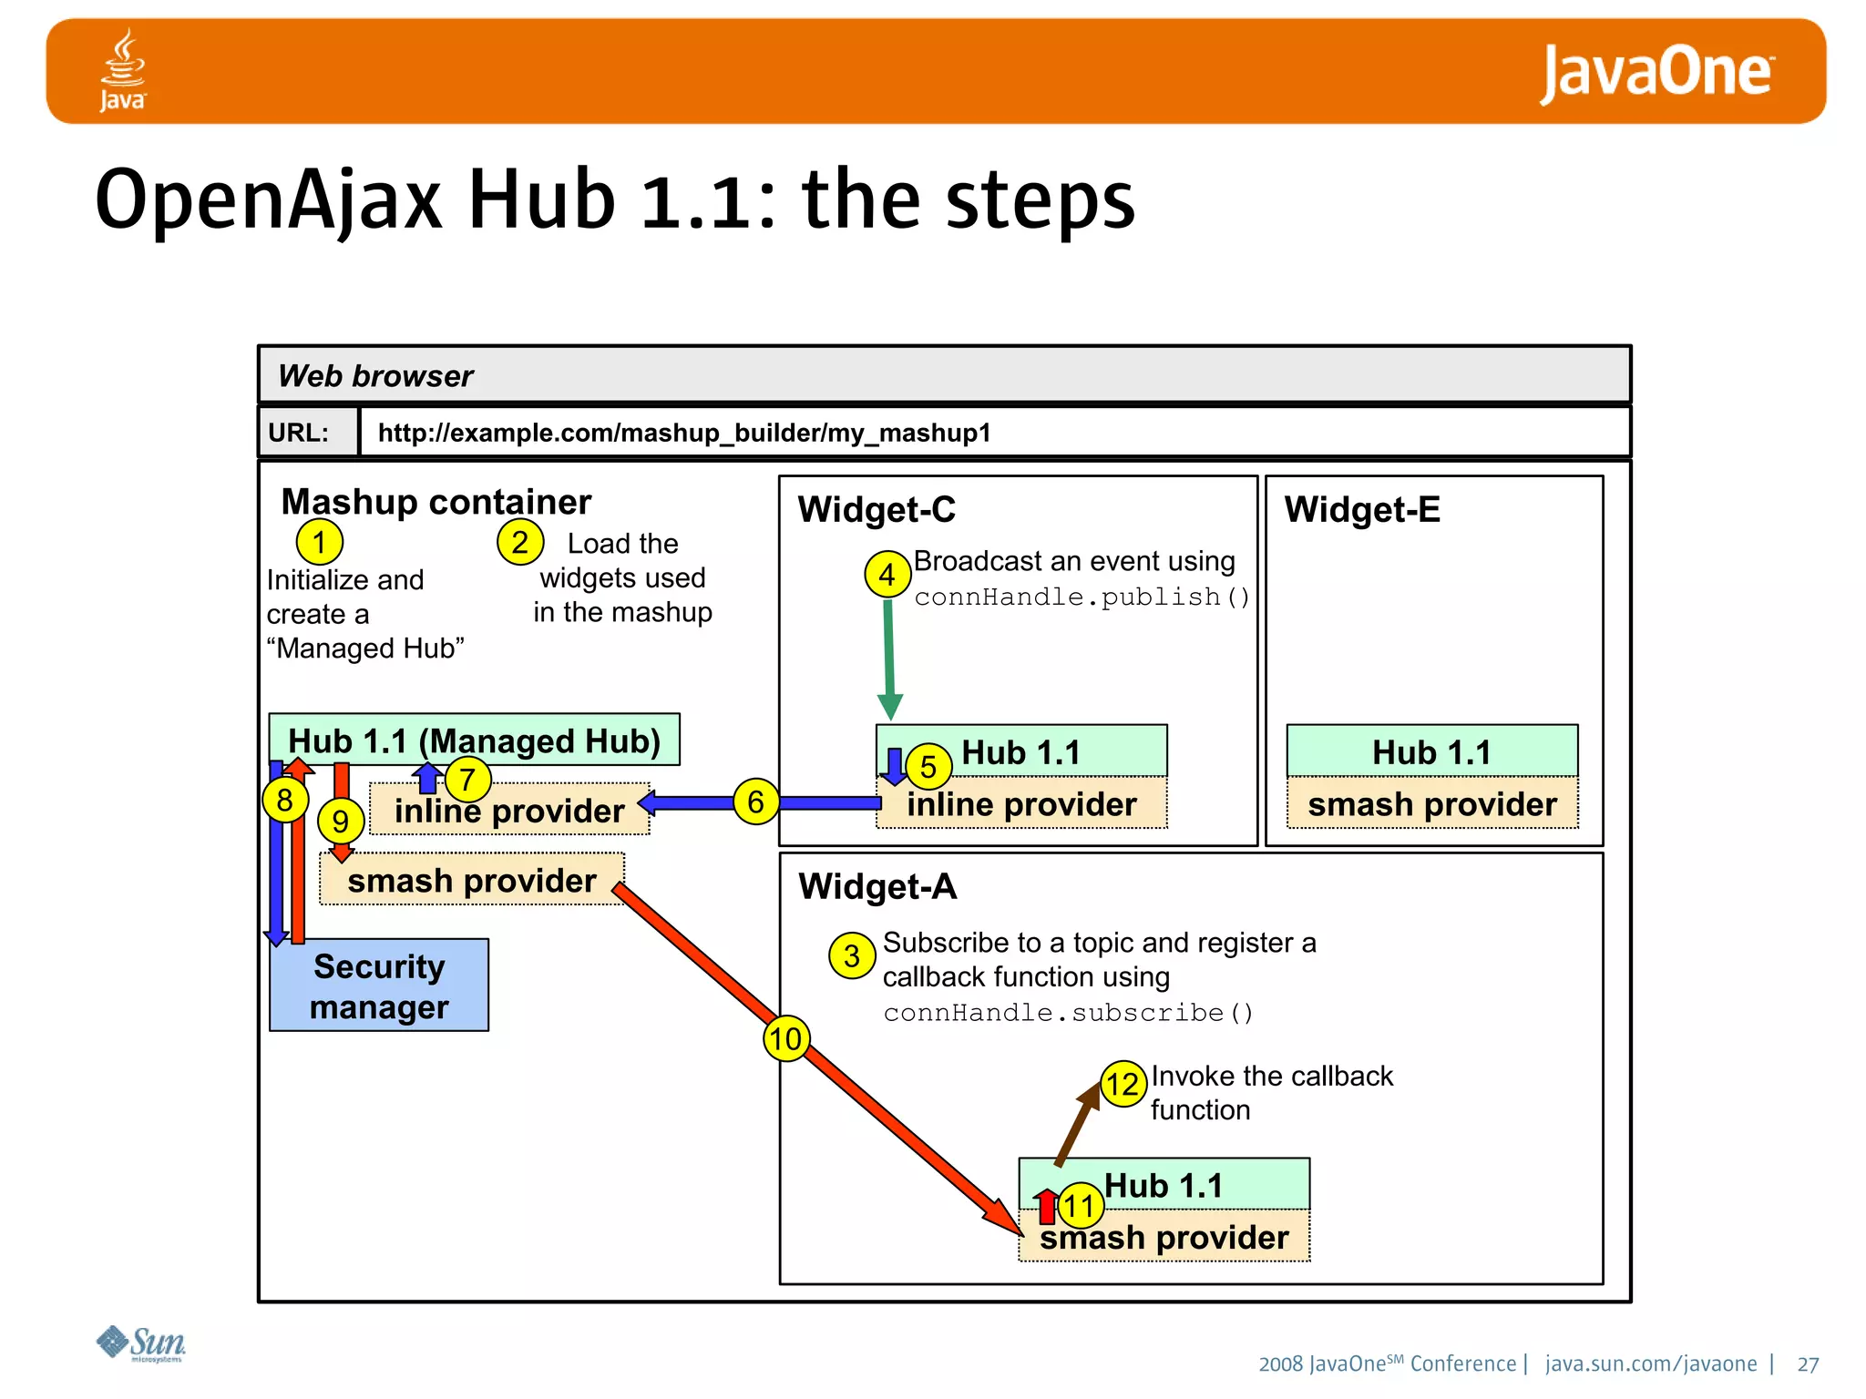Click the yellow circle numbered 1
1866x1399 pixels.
pyautogui.click(x=319, y=542)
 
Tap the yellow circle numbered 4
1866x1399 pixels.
pyautogui.click(x=887, y=574)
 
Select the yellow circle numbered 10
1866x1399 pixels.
pyautogui.click(x=785, y=1038)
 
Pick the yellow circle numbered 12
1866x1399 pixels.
pyautogui.click(x=1123, y=1084)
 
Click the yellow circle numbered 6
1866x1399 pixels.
pyautogui.click(x=755, y=802)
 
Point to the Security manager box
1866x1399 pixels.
pyautogui.click(x=379, y=985)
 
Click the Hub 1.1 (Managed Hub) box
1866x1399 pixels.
pyautogui.click(x=474, y=740)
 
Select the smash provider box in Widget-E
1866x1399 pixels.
pyautogui.click(x=1431, y=803)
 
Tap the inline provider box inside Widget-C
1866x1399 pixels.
pyautogui.click(x=1021, y=803)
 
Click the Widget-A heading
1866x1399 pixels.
pyautogui.click(x=877, y=886)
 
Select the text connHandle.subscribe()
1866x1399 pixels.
pyautogui.click(x=1068, y=1013)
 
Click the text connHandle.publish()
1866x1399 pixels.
pyautogui.click(x=1082, y=597)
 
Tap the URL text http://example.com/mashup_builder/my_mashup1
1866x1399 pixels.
pyautogui.click(x=684, y=433)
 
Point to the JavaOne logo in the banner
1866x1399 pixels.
pyautogui.click(x=1656, y=73)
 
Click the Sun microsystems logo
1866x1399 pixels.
pyautogui.click(x=141, y=1343)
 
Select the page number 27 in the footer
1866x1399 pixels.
pyautogui.click(x=1808, y=1364)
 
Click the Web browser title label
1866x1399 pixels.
pyautogui.click(x=375, y=376)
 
